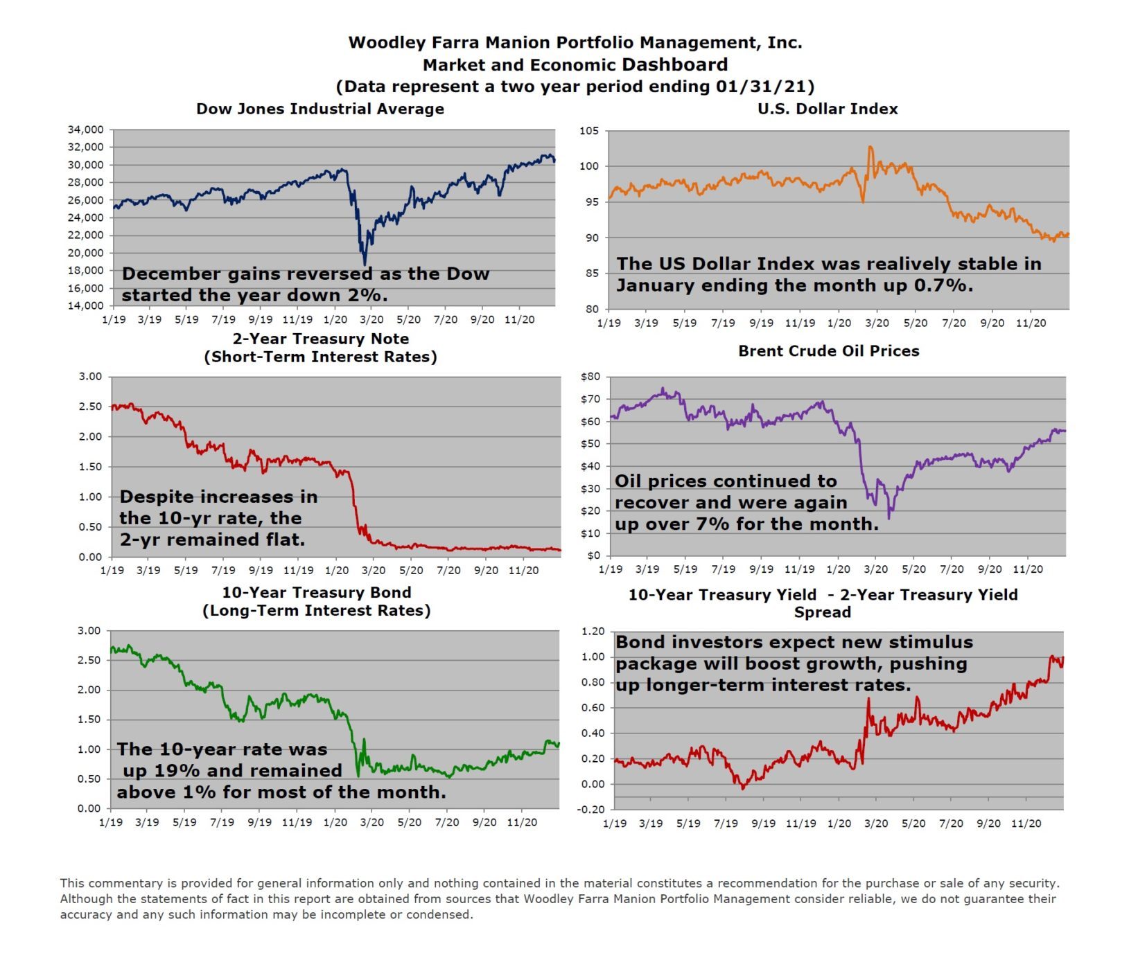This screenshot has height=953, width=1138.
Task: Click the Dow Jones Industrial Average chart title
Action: click(x=319, y=109)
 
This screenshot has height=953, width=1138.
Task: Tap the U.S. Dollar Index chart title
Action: click(x=828, y=109)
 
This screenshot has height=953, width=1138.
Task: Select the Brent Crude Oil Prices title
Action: click(x=828, y=351)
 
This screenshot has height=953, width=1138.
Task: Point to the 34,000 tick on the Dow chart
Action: click(x=85, y=130)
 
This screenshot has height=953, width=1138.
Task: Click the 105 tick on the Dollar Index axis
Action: click(x=588, y=131)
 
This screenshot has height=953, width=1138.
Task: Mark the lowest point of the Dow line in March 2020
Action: click(x=365, y=264)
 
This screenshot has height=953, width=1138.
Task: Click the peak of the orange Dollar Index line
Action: click(x=870, y=147)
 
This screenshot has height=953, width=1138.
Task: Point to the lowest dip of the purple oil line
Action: click(x=889, y=518)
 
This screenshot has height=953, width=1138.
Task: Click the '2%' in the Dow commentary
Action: click(x=369, y=295)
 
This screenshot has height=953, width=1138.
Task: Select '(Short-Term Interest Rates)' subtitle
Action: click(x=320, y=357)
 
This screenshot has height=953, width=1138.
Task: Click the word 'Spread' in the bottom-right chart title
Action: click(x=822, y=612)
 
